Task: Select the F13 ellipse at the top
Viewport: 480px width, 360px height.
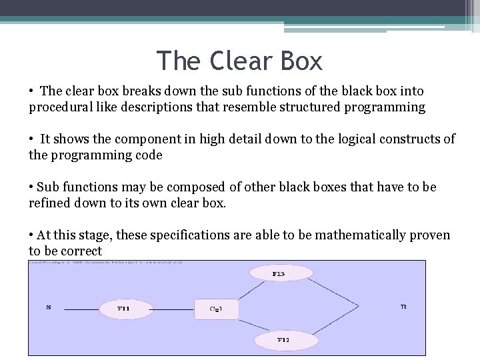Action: [275, 273]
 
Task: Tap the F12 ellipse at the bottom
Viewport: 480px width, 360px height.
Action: [283, 341]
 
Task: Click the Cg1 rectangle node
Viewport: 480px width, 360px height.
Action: [215, 309]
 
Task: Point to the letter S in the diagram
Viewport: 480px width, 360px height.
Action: [48, 307]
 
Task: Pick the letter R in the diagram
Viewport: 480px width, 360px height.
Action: [403, 307]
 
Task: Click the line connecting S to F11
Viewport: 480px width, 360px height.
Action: [77, 308]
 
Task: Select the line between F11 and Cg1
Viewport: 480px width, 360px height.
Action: [175, 308]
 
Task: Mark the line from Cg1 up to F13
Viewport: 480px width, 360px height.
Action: [247, 291]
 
